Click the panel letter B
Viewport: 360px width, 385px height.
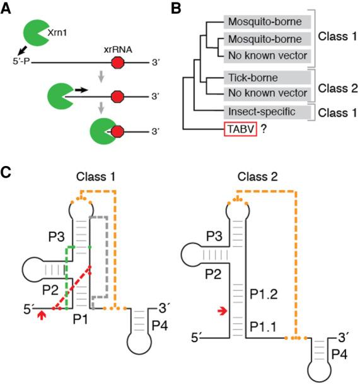coord(189,8)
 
